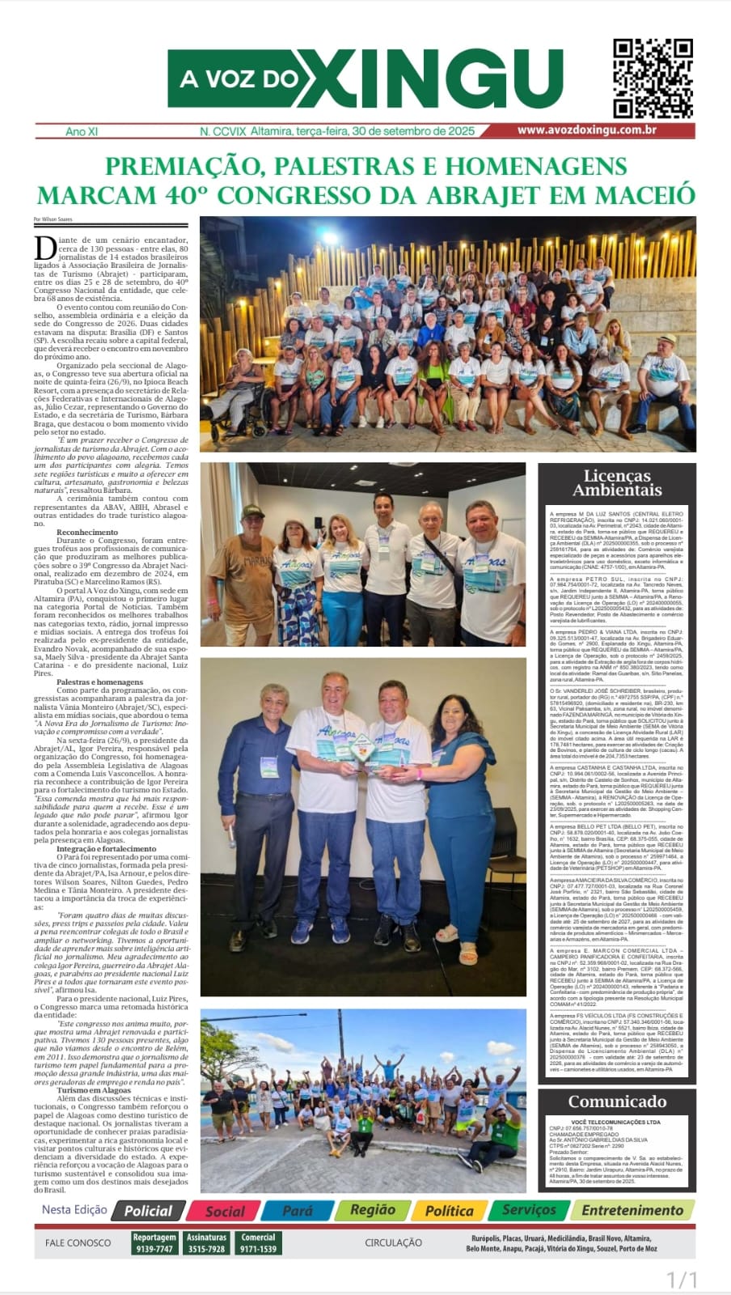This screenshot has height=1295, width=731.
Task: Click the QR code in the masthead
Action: click(x=652, y=79)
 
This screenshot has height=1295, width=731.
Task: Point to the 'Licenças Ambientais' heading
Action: click(x=617, y=482)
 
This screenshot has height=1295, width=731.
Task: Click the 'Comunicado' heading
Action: click(x=617, y=1102)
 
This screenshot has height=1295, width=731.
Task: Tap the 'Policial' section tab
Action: click(x=148, y=1211)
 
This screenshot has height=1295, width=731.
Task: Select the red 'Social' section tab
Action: click(x=224, y=1211)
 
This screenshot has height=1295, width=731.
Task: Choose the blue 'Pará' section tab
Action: click(x=298, y=1211)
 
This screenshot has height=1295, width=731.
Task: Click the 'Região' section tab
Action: click(x=372, y=1211)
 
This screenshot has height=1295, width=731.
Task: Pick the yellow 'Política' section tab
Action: click(x=449, y=1211)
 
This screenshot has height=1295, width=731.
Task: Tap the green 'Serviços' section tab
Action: click(x=529, y=1211)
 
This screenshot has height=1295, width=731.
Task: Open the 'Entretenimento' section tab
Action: click(x=632, y=1211)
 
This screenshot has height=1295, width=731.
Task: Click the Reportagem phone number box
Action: click(x=154, y=1243)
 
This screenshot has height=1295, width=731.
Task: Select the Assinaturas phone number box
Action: click(x=206, y=1243)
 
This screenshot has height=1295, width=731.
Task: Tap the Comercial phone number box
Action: click(x=258, y=1243)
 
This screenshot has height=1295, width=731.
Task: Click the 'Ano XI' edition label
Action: click(x=82, y=131)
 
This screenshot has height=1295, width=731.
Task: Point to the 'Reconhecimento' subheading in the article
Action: click(x=87, y=532)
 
